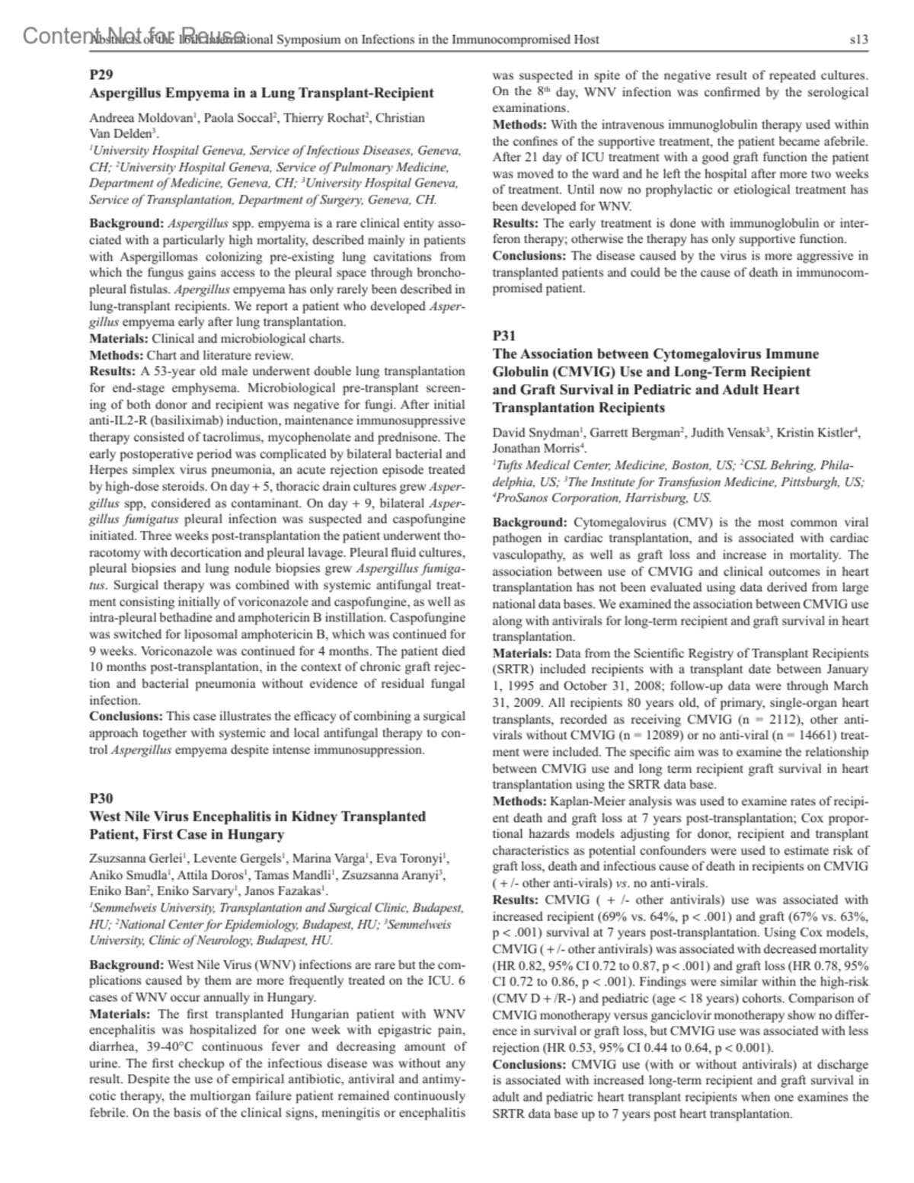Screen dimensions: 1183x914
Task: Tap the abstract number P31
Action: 503,335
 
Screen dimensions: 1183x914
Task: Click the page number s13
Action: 858,40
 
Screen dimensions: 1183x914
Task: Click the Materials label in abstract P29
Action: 120,338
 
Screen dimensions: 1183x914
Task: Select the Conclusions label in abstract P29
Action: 126,716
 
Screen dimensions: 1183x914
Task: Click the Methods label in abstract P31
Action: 519,801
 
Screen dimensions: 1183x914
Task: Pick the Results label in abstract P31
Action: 517,900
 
